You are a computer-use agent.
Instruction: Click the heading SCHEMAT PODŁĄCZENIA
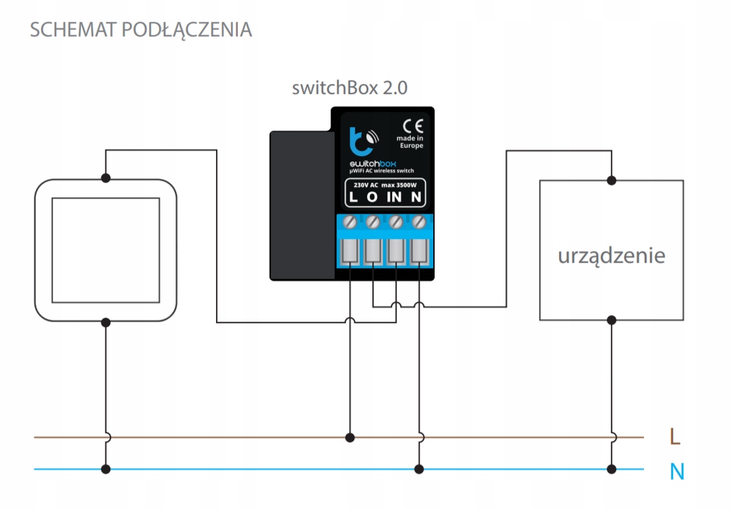(140, 30)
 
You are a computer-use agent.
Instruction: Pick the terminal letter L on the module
(353, 197)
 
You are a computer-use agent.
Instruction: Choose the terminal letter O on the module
(372, 197)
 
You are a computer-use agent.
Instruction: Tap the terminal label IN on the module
(395, 197)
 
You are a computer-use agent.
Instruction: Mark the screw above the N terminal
(419, 221)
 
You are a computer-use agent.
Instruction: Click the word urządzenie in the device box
(611, 255)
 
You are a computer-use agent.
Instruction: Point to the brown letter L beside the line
(675, 437)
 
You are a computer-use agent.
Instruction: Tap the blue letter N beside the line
(676, 471)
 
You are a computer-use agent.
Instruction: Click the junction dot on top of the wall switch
(105, 178)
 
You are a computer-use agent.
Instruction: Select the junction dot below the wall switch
(105, 322)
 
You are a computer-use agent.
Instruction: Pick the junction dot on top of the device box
(611, 179)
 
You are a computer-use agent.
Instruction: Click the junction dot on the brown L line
(350, 438)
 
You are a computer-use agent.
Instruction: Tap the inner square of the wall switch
(105, 250)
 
